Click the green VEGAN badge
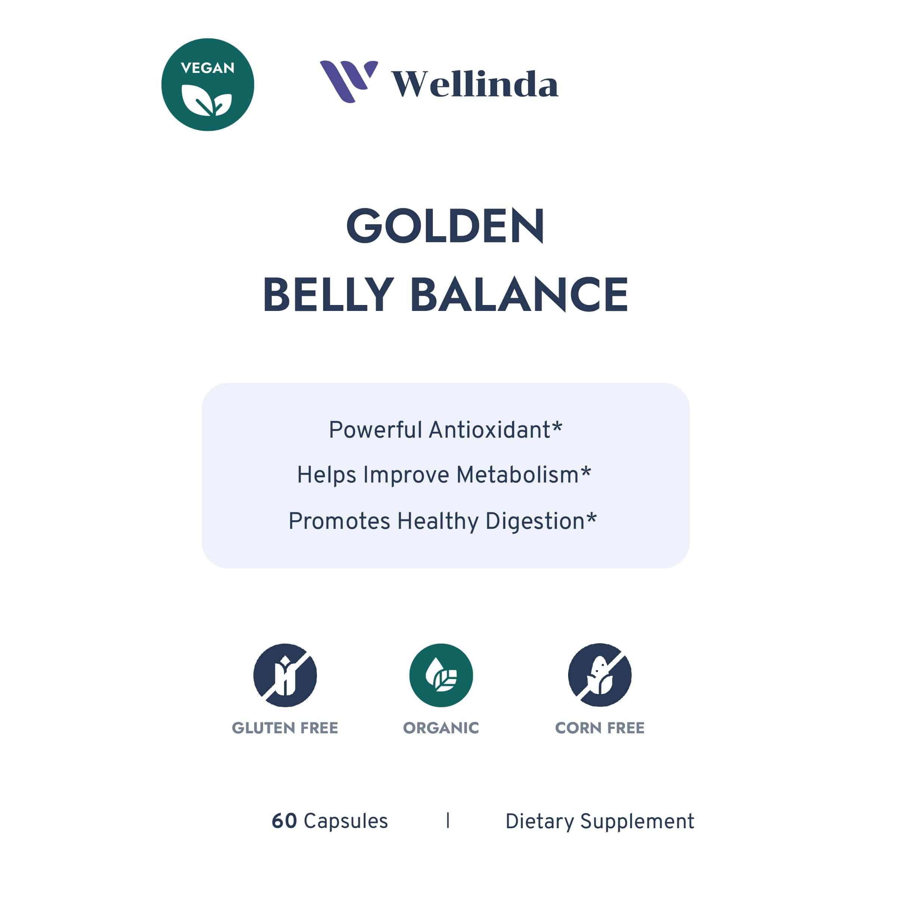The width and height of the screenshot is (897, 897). tap(207, 84)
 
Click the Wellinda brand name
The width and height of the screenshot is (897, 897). tap(475, 84)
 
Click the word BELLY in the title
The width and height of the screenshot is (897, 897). tap(329, 295)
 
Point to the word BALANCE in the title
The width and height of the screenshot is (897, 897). tap(519, 295)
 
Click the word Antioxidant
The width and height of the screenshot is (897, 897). tap(489, 430)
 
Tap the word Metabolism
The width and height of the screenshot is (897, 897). tap(517, 475)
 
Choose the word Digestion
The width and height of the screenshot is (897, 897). tap(535, 521)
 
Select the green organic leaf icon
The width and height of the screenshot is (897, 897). tap(441, 675)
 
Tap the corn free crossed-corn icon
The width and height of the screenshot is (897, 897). tap(599, 675)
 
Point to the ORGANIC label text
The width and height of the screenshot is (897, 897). tap(441, 728)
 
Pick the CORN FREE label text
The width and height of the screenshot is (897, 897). tap(599, 728)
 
